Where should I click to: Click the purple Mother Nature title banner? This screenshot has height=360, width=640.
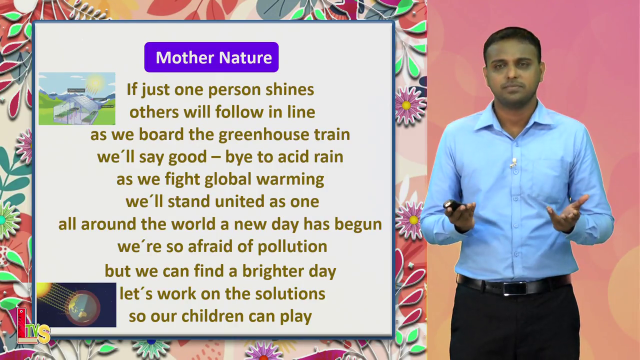coord(211,57)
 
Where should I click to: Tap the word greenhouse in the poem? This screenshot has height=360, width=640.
coord(263,135)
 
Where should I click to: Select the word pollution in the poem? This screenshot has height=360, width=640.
coord(292,247)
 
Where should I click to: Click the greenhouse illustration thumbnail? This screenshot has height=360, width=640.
coord(77,98)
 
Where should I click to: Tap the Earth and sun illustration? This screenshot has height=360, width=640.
coord(76,305)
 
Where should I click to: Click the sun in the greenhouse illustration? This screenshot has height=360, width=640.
coord(95,82)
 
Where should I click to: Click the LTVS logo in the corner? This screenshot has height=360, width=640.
coord(33,326)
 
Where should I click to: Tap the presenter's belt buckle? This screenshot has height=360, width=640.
coord(515,288)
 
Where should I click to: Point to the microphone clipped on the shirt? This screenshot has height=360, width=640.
coord(513,163)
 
